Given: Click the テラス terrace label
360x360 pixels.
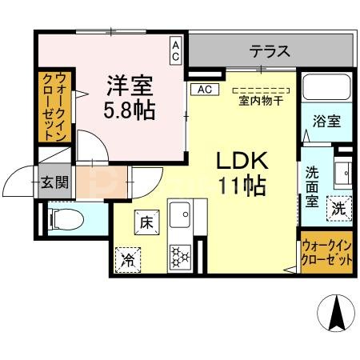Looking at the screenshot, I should [x=269, y=52].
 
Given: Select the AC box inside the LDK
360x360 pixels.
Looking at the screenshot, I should [x=202, y=89].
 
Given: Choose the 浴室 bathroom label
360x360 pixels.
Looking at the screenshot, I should [x=326, y=122].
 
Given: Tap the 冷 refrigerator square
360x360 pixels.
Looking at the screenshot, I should [x=126, y=258].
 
